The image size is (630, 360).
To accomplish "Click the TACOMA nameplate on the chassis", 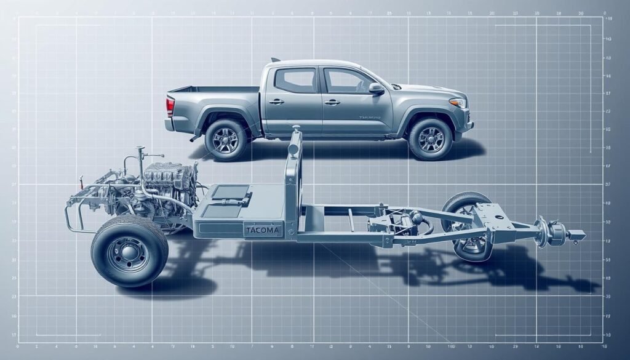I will pyautogui.click(x=262, y=231).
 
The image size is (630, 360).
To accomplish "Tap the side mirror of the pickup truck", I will pyautogui.click(x=376, y=89).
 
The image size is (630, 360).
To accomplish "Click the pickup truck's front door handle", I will pyautogui.click(x=332, y=102).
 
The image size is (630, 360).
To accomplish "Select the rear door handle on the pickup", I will pyautogui.click(x=276, y=102).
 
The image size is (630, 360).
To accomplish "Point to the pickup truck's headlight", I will pyautogui.click(x=458, y=102).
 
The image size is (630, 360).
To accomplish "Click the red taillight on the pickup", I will pyautogui.click(x=170, y=106).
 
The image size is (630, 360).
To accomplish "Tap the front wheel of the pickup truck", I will pyautogui.click(x=430, y=139).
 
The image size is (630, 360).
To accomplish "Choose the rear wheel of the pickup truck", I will pyautogui.click(x=226, y=140).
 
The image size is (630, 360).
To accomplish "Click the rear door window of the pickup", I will pyautogui.click(x=295, y=81).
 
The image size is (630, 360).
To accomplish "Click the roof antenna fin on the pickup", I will pyautogui.click(x=275, y=60).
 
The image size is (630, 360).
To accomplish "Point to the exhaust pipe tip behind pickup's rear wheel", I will pyautogui.click(x=194, y=138).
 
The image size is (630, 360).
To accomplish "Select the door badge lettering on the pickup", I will pyautogui.click(x=369, y=117).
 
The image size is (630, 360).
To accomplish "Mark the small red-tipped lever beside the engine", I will pyautogui.click(x=81, y=181).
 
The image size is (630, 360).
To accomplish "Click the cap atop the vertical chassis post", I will pyautogui.click(x=297, y=129).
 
